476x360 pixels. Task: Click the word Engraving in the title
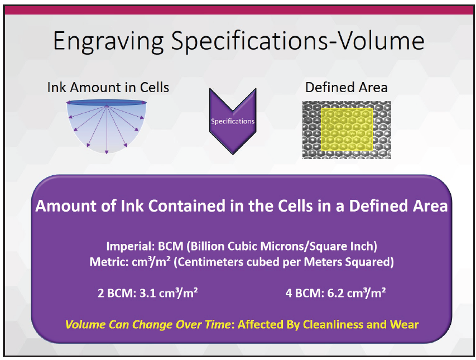(108, 41)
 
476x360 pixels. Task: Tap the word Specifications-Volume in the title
(297, 41)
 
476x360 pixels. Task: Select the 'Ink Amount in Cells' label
(108, 88)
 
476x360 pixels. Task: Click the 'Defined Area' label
(347, 88)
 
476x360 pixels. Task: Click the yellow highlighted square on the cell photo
(347, 129)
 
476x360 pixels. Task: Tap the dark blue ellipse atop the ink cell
(107, 103)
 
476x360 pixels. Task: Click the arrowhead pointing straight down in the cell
(107, 152)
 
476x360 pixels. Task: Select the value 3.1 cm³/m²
(169, 292)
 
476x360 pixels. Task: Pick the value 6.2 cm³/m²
(357, 292)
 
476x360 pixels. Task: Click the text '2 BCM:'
(117, 293)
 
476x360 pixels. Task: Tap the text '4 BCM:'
(305, 293)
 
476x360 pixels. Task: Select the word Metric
(109, 262)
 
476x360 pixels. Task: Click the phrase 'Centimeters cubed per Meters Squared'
(283, 262)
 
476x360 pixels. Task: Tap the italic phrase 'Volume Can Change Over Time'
(148, 324)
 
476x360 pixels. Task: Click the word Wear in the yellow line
(405, 324)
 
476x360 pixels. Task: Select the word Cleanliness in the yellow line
(333, 324)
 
